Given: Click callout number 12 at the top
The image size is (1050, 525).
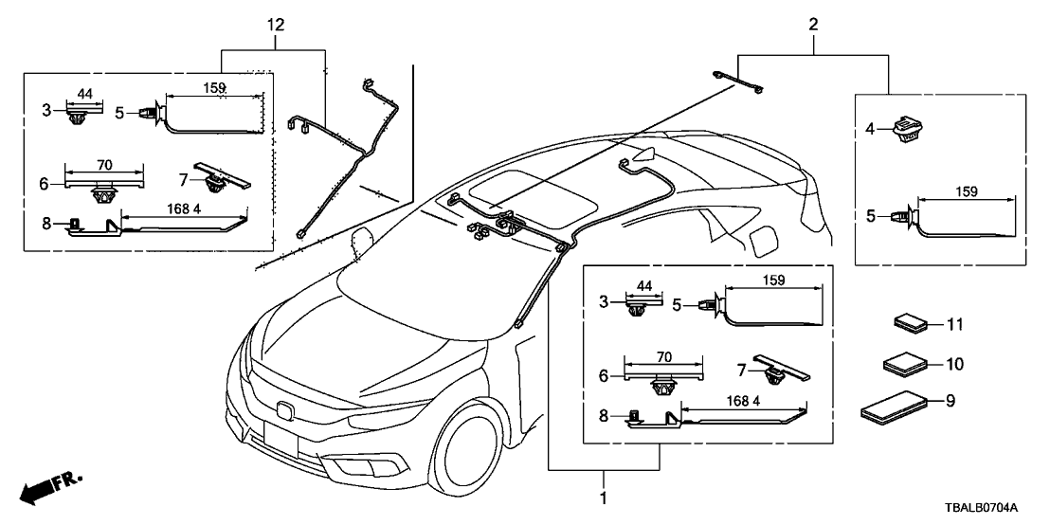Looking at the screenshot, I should (x=275, y=26).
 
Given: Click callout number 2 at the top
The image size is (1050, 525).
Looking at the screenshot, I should (x=812, y=26).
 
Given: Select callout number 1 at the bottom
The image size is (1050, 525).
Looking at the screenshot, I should (x=604, y=497).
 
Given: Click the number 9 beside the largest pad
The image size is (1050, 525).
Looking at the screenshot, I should (x=951, y=402).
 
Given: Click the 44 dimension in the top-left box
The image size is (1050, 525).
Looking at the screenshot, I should (x=83, y=94).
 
